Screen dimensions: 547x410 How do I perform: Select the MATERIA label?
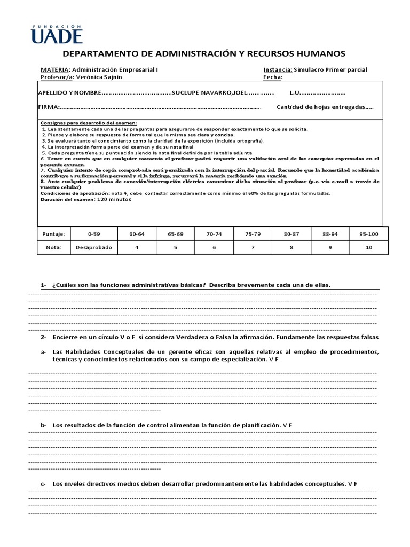coord(55,69)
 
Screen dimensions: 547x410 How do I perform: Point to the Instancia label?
coord(278,69)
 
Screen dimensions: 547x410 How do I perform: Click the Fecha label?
coord(273,77)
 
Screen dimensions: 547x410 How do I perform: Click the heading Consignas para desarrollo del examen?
coord(89,123)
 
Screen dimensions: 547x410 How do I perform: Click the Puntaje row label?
coord(53,233)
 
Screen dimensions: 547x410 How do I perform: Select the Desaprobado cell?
coord(93,248)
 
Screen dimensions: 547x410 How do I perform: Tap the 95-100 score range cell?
coord(369,233)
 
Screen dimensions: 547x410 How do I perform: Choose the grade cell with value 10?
coord(369,248)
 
